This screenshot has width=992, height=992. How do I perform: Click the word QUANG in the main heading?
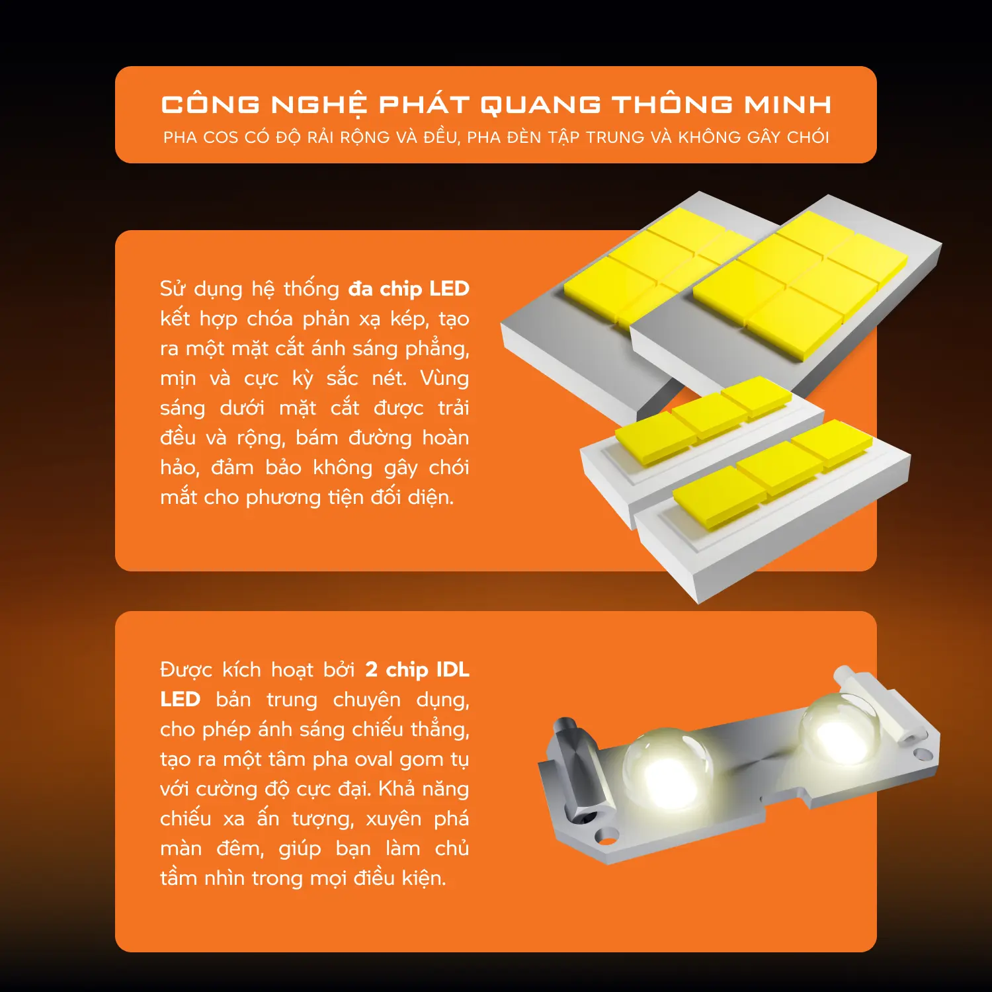(x=540, y=104)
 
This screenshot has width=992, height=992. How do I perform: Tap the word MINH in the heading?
(x=788, y=104)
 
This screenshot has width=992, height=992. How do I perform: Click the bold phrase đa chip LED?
(x=409, y=289)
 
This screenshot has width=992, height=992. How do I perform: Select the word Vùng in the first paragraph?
(x=444, y=378)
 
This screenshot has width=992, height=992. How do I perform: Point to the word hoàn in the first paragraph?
(x=446, y=438)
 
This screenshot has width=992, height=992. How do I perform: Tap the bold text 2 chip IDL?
(x=417, y=670)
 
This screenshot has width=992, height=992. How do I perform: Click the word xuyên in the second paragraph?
(x=393, y=819)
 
